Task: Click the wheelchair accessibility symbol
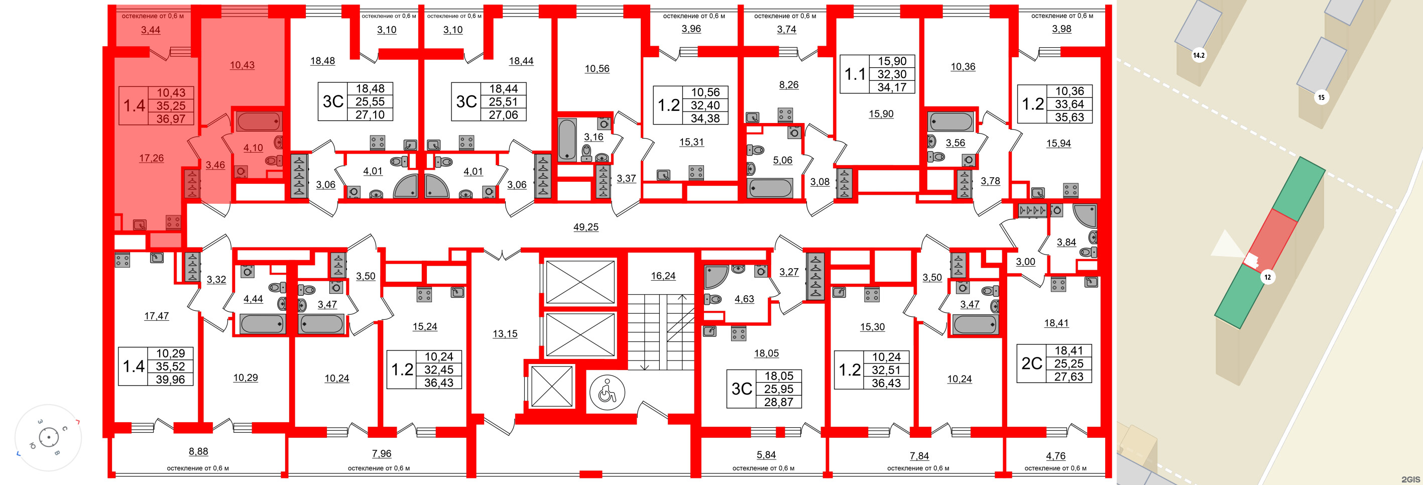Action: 607,393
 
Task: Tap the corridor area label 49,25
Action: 585,227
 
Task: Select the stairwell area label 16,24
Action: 663,276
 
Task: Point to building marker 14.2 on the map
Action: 1198,55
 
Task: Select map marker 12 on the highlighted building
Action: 1267,277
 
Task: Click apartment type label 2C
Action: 1031,363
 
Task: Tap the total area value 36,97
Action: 171,119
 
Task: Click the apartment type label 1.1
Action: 855,74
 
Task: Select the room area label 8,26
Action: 788,85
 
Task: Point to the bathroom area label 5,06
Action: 782,160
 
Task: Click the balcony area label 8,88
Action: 198,451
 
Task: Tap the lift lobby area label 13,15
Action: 505,334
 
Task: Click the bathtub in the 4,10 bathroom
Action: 259,121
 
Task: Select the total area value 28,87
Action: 778,402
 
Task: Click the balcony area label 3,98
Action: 1061,29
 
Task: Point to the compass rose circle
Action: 49,437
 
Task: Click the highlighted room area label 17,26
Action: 151,159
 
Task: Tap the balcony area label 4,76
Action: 1055,456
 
